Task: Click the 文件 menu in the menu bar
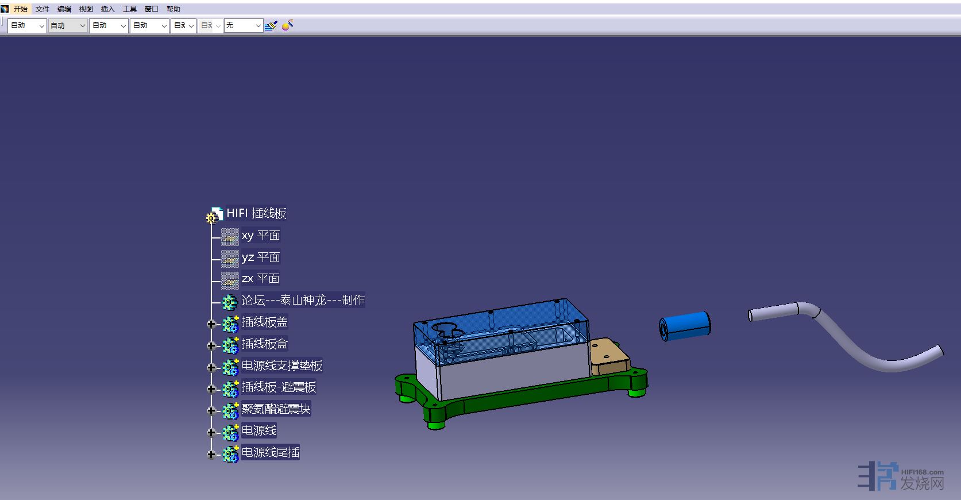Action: click(42, 9)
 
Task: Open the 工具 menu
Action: click(130, 9)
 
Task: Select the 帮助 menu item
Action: click(173, 9)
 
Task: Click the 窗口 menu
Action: click(152, 9)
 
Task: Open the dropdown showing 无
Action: click(243, 25)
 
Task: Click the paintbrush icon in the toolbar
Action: click(271, 26)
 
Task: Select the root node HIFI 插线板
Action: click(256, 213)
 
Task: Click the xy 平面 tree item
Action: click(260, 236)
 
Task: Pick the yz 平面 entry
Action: click(260, 257)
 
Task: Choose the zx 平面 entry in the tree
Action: click(260, 279)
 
